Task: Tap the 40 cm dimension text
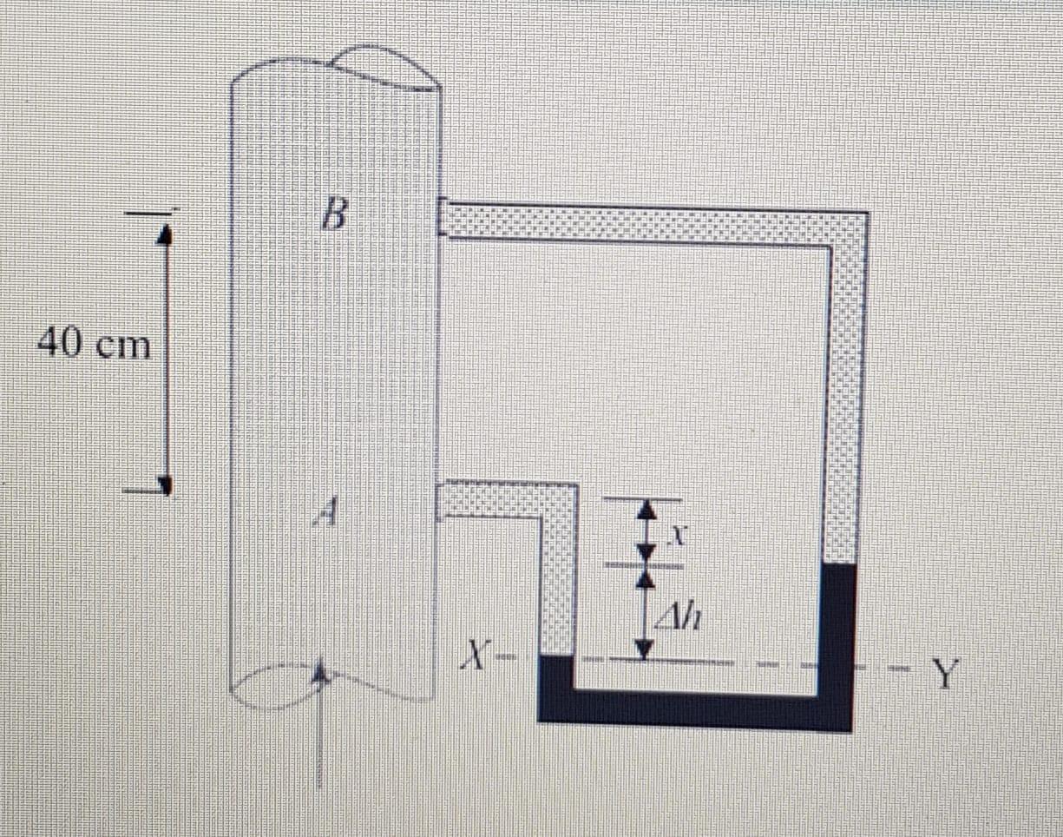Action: click(94, 346)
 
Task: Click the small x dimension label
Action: click(681, 537)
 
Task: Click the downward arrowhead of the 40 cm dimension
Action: click(165, 483)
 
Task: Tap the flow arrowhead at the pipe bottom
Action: click(321, 672)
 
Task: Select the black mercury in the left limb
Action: click(556, 677)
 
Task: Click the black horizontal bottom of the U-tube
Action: click(694, 710)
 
